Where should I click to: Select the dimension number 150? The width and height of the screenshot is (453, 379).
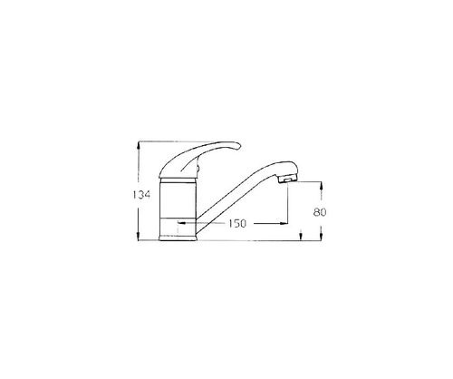click(x=238, y=223)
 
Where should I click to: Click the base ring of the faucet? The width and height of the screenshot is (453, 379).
click(x=178, y=238)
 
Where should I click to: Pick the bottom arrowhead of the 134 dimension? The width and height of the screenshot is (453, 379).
click(x=137, y=239)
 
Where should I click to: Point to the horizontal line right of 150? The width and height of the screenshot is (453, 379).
click(x=269, y=223)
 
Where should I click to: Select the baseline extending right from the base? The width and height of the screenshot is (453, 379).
click(x=263, y=241)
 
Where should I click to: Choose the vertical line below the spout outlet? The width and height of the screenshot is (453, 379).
click(x=287, y=204)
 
